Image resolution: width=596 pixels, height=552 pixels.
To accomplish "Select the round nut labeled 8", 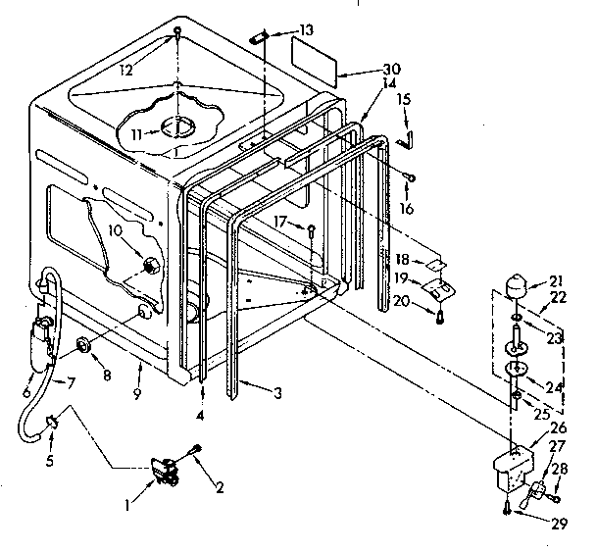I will pos(82,344).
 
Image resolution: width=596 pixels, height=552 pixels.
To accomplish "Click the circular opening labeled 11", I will pos(179,128).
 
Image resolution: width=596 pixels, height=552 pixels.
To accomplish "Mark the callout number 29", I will pos(558,524).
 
